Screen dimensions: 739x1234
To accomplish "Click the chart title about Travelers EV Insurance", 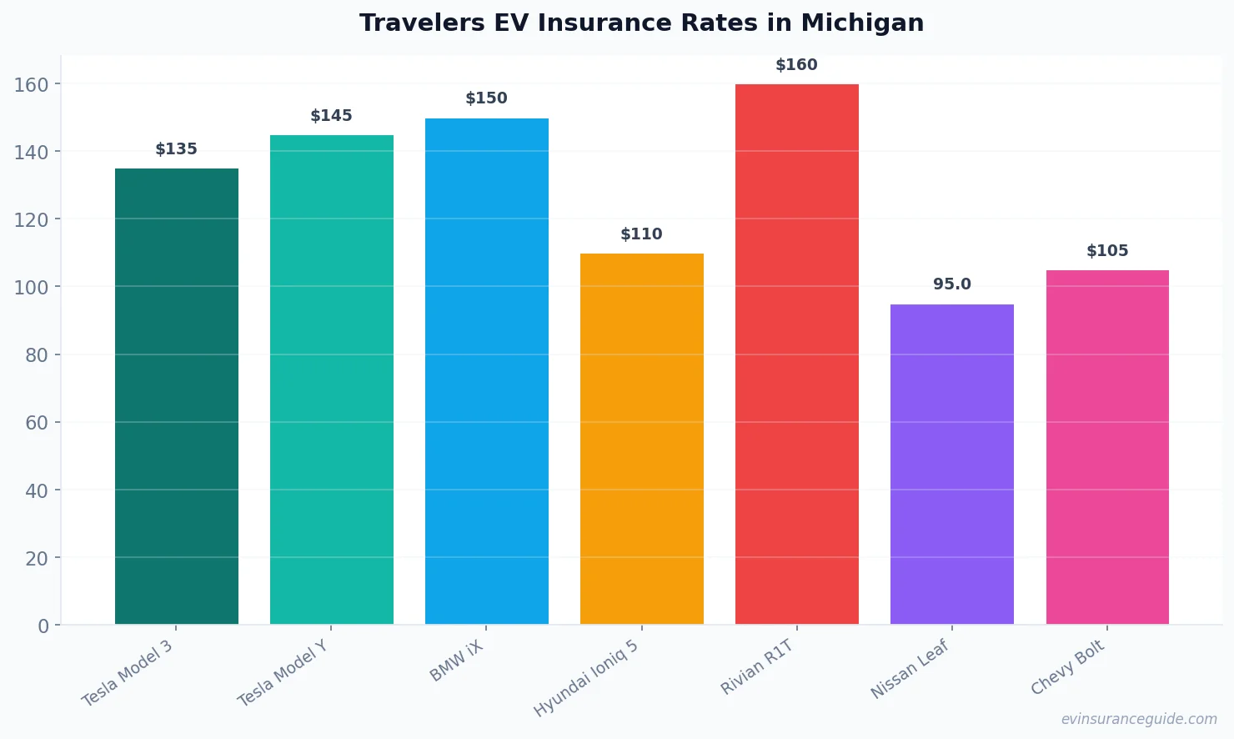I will pos(641,23).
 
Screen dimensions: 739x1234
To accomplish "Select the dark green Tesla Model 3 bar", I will pos(177,396).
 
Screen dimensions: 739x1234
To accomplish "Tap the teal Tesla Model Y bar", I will pos(332,380).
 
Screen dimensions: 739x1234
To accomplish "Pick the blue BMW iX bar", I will pos(487,371).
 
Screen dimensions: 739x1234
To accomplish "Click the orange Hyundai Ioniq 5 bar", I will pos(642,439).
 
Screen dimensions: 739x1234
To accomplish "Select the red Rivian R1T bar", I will pos(797,354).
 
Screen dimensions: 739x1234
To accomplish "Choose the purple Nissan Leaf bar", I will pos(952,464).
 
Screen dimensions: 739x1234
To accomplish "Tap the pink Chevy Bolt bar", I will pos(1107,447).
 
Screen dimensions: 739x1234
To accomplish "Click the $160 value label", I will pos(796,65).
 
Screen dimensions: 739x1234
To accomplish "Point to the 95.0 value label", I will pos(952,284).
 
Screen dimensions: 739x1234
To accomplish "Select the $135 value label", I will pos(176,149).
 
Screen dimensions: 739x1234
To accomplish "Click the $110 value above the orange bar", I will pos(641,234).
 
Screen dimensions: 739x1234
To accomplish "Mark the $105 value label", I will pos(1107,251).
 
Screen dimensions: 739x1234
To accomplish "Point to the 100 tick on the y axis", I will pos(32,287).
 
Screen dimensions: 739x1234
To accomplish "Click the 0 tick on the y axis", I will pos(43,626).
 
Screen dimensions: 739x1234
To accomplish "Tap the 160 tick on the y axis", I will pos(32,84).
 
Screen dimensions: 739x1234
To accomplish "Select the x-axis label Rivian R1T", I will pos(757,667).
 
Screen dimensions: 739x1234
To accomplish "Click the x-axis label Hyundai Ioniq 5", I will pos(586,678).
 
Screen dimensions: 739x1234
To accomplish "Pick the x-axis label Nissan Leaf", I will pos(910,669).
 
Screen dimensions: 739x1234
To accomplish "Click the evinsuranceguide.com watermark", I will pos(1139,719).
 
